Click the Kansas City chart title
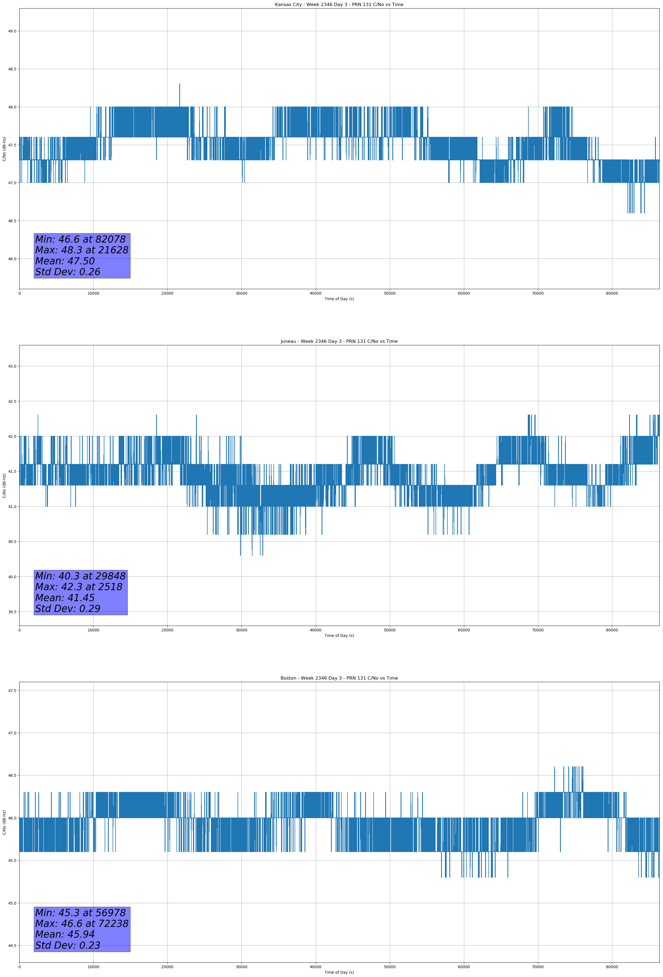[339, 5]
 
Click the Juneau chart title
[339, 341]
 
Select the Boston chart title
[339, 678]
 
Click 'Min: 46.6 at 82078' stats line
[80, 239]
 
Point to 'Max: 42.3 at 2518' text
[79, 587]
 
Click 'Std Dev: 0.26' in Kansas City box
[68, 272]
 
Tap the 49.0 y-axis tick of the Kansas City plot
[12, 31]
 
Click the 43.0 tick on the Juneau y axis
[12, 366]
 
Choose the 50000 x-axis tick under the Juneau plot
[389, 630]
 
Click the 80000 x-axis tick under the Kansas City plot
[612, 294]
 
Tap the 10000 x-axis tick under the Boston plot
[93, 967]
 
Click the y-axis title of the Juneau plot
[4, 485]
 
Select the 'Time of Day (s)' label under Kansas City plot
[339, 299]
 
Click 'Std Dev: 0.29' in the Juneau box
[68, 609]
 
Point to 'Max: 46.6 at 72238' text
[81, 924]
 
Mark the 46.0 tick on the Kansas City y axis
[12, 259]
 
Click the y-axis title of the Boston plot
[4, 822]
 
